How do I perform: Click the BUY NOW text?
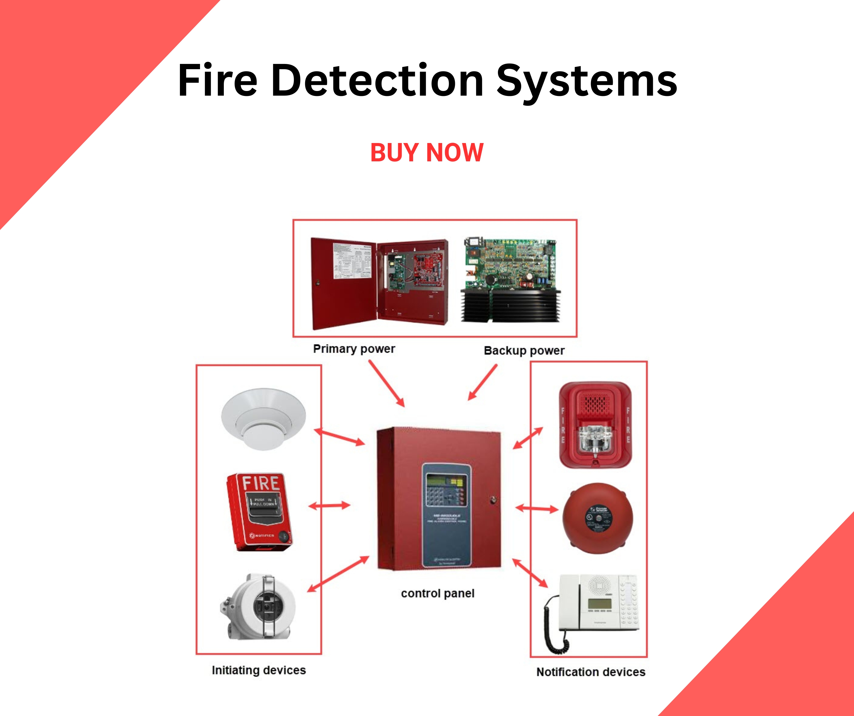427,153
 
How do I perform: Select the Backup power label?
524,350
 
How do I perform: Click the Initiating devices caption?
259,670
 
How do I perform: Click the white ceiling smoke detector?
263,419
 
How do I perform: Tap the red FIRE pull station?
260,511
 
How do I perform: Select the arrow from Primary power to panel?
387,384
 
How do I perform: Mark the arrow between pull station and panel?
329,506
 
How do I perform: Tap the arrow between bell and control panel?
537,508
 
